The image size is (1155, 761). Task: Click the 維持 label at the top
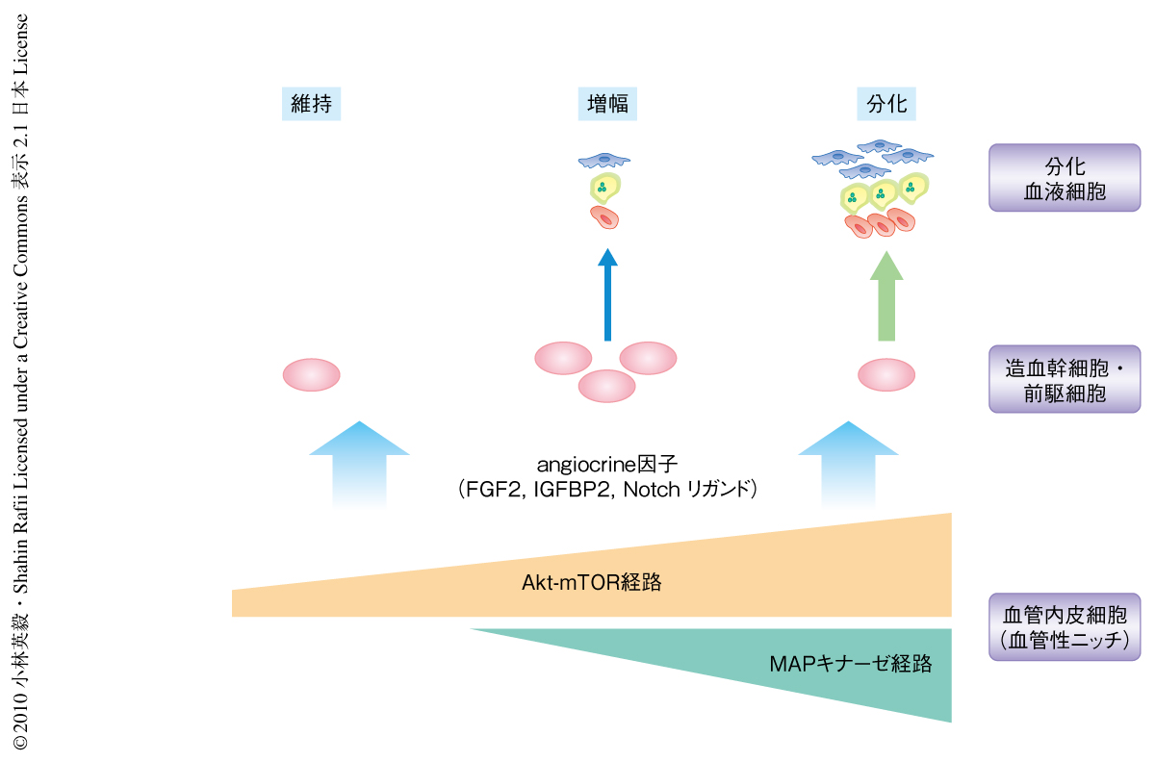pyautogui.click(x=312, y=103)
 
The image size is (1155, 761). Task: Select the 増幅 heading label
pyautogui.click(x=608, y=103)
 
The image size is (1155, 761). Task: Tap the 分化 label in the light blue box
pyautogui.click(x=886, y=103)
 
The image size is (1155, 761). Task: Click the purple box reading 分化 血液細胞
pyautogui.click(x=1064, y=178)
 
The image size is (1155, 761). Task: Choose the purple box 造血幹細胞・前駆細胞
pyautogui.click(x=1064, y=379)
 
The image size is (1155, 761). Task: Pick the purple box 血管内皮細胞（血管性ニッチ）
pyautogui.click(x=1064, y=627)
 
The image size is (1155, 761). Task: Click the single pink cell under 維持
pyautogui.click(x=311, y=374)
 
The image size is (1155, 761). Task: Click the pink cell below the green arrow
pyautogui.click(x=886, y=374)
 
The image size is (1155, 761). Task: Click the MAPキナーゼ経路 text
pyautogui.click(x=851, y=663)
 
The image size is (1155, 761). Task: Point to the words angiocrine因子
pyautogui.click(x=607, y=465)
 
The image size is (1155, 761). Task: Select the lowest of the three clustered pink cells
pyautogui.click(x=606, y=386)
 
